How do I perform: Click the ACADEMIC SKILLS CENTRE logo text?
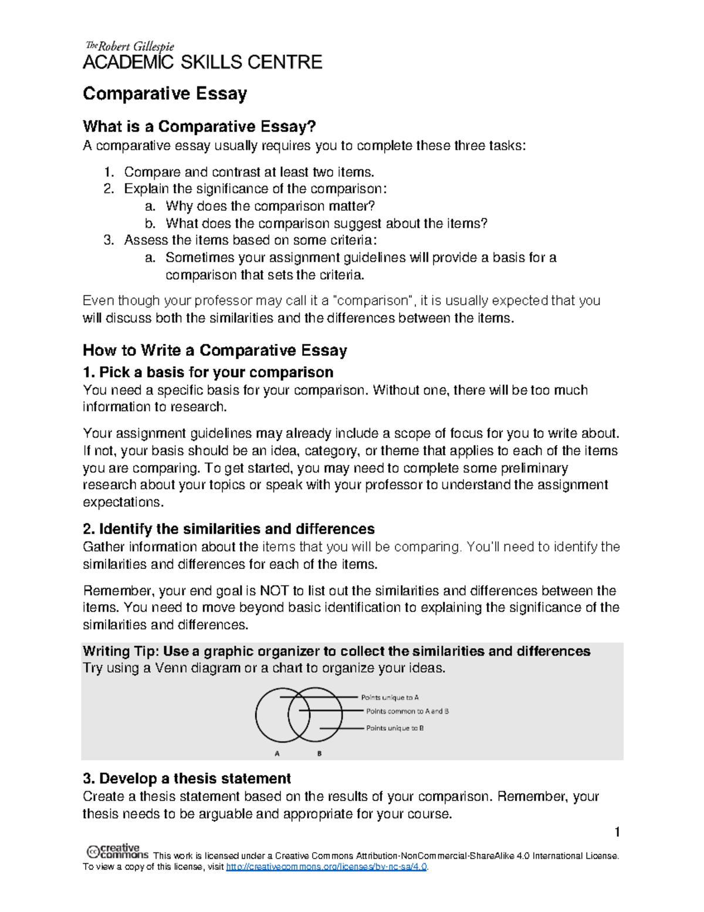(202, 62)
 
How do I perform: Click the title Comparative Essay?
(165, 94)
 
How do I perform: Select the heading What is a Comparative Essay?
(199, 126)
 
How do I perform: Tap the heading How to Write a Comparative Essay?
(215, 351)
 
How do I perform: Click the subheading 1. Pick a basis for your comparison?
(208, 372)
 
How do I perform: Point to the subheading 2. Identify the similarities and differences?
(229, 529)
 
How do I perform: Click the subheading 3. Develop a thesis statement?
(187, 779)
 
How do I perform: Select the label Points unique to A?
(390, 698)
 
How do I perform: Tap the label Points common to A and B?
(407, 711)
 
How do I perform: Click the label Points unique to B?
(395, 728)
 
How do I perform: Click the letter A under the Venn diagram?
(277, 753)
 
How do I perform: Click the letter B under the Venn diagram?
(319, 753)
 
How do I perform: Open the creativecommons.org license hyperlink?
(326, 867)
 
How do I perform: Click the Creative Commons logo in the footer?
(117, 852)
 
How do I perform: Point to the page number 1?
(617, 832)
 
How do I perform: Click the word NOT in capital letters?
(273, 591)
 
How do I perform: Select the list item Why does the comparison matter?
(270, 206)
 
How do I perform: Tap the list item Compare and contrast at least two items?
(249, 172)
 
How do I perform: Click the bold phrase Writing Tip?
(121, 651)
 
